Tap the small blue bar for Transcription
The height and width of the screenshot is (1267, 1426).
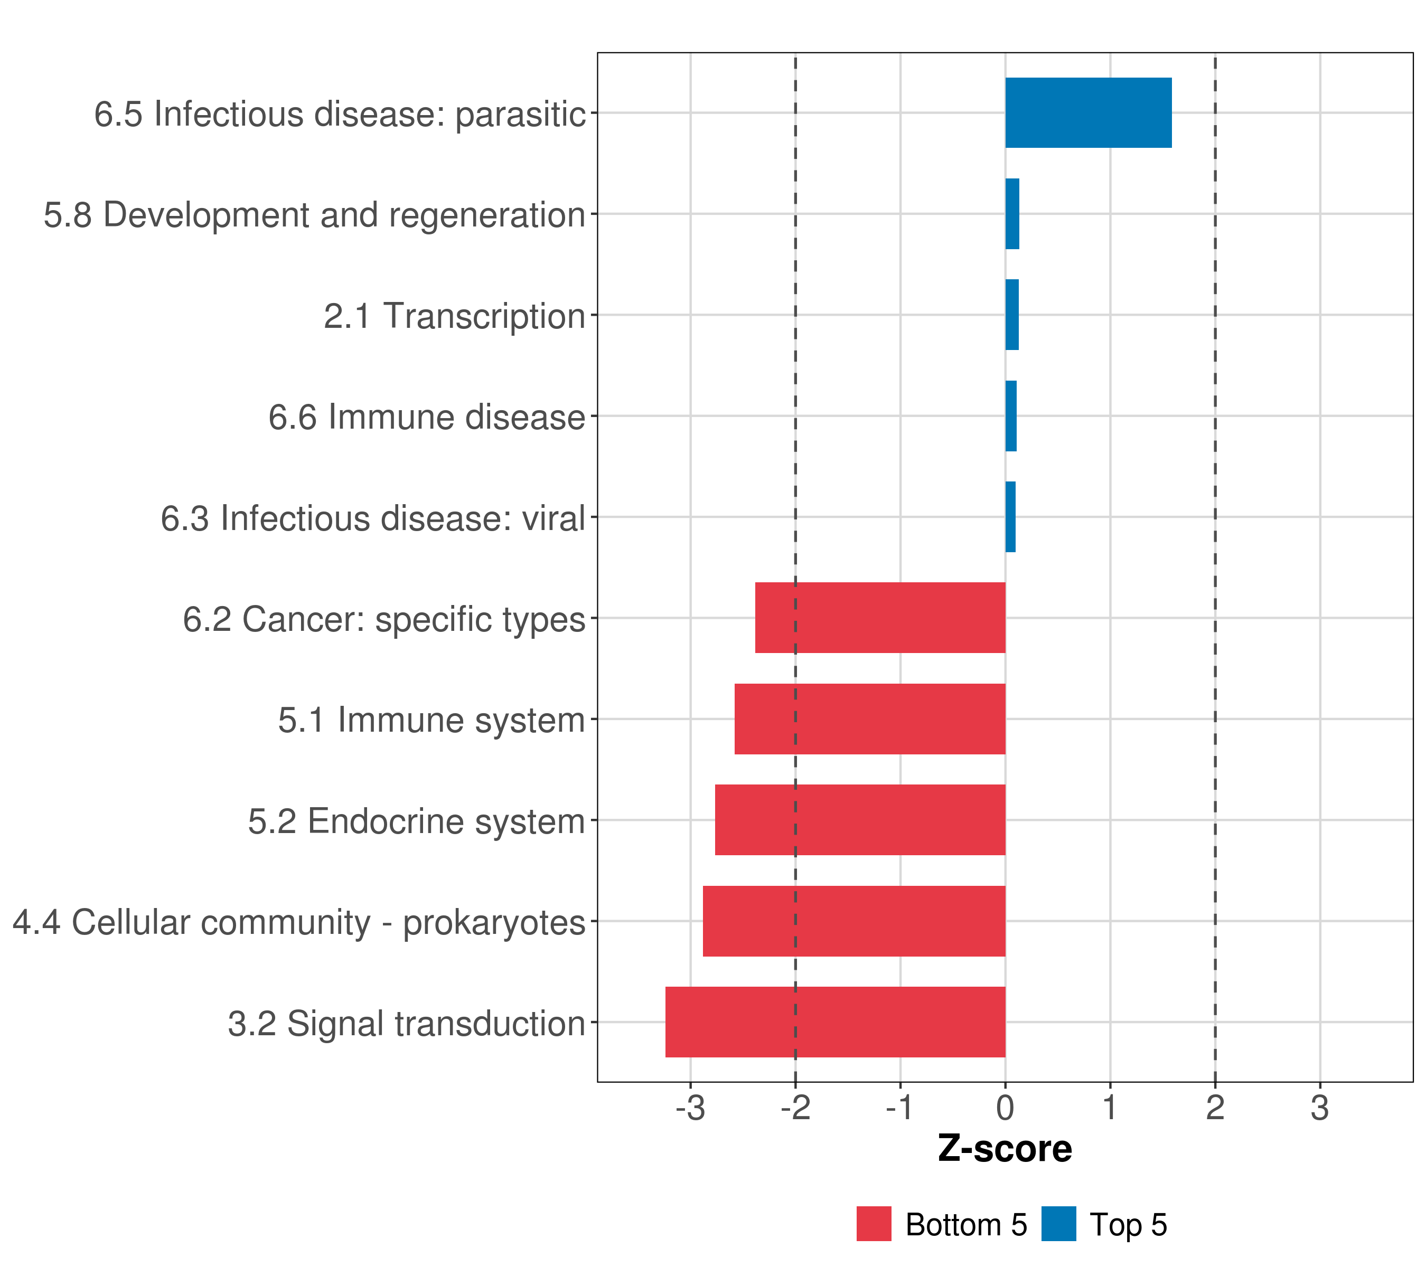(x=1011, y=315)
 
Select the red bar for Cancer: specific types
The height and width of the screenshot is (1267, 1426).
(x=880, y=618)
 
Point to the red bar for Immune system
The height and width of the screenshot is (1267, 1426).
(x=869, y=719)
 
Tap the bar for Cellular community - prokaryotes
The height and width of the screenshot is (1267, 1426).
(x=853, y=921)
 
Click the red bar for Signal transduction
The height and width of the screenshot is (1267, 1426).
(x=834, y=1022)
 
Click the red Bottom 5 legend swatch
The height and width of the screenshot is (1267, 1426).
(x=874, y=1224)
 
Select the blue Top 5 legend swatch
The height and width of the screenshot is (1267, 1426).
(x=1058, y=1224)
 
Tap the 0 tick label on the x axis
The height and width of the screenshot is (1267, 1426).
(x=1005, y=1108)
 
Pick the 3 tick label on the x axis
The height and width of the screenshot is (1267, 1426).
(x=1319, y=1108)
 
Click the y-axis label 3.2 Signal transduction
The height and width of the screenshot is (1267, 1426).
(x=406, y=1024)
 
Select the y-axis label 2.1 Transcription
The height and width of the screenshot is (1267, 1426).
(x=454, y=316)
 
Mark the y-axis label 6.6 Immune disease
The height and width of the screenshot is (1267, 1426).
(x=426, y=417)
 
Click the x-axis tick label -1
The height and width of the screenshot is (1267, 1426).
(x=899, y=1108)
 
